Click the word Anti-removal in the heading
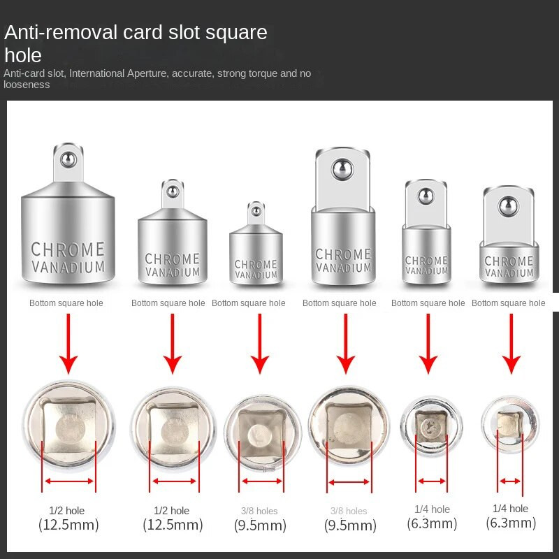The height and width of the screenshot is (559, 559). click(x=61, y=32)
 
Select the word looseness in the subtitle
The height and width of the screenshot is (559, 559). click(x=27, y=85)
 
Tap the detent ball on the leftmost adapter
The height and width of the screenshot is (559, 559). click(x=68, y=159)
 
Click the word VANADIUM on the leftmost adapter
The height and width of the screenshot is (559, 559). click(x=68, y=267)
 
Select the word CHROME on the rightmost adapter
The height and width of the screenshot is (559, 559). click(x=509, y=261)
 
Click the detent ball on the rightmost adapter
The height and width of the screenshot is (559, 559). click(x=509, y=207)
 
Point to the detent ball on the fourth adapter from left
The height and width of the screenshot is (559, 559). click(x=342, y=169)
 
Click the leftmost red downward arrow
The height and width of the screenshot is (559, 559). click(x=68, y=344)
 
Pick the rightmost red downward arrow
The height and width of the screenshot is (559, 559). click(x=511, y=344)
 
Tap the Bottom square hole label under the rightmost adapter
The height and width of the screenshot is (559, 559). click(x=509, y=303)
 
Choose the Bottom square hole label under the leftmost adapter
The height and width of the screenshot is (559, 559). click(x=66, y=303)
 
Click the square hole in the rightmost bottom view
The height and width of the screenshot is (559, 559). click(x=510, y=424)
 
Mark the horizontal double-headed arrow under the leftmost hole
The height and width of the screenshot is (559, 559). click(x=69, y=481)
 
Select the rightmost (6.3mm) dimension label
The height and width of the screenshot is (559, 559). click(x=511, y=523)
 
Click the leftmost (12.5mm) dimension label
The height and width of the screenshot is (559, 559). click(x=68, y=525)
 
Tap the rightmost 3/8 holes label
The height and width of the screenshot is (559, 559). click(x=349, y=511)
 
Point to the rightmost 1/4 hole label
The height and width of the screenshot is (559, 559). click(x=510, y=509)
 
